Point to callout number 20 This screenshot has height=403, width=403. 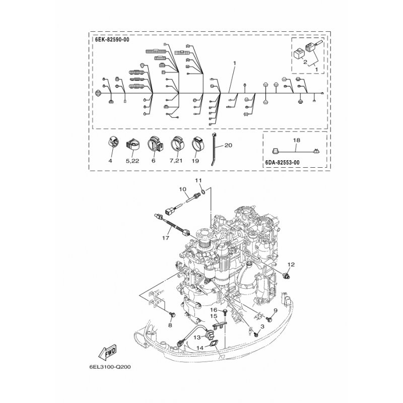tap(228, 146)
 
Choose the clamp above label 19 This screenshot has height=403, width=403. tap(195, 145)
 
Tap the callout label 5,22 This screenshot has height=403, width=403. tap(132, 161)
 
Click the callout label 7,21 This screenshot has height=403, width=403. tap(175, 161)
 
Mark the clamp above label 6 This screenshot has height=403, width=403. tap(154, 145)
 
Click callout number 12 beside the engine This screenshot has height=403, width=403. tap(291, 264)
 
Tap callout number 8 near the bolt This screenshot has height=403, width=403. tap(169, 325)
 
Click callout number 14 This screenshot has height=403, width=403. tap(200, 348)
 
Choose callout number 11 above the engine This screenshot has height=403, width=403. tap(198, 180)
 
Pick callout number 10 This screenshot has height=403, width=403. tap(182, 189)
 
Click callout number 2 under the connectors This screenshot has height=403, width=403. tap(305, 62)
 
